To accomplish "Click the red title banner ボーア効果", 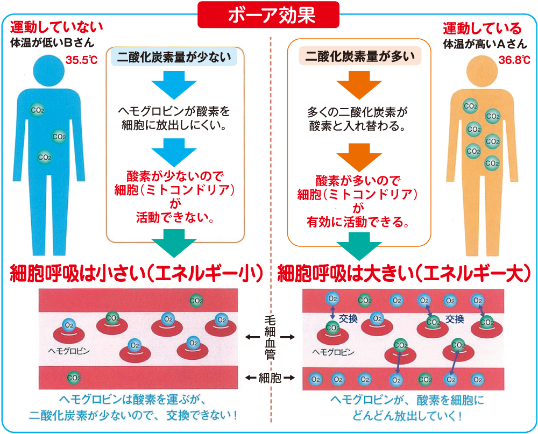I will point(268,15).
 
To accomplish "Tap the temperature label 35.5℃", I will point(81,60).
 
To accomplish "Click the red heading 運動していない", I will point(56,27).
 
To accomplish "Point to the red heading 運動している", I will point(482,27).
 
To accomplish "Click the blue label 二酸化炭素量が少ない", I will point(174,57).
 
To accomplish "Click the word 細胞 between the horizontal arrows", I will point(269,378).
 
